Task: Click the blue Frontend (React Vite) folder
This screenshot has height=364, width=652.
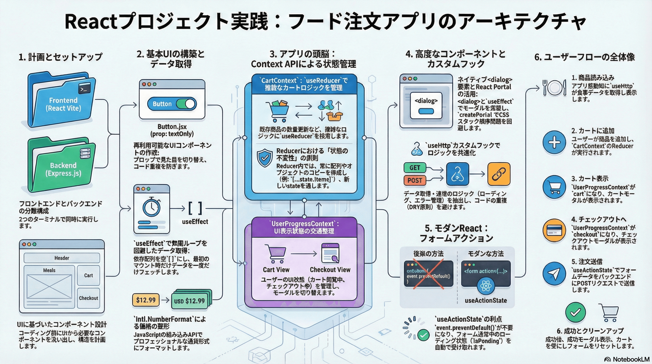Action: click(x=62, y=101)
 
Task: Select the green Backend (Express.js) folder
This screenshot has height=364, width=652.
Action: click(x=62, y=166)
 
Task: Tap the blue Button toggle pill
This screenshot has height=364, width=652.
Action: click(x=172, y=104)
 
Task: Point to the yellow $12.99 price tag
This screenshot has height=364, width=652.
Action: click(x=146, y=300)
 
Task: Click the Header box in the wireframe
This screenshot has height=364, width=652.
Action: click(x=62, y=258)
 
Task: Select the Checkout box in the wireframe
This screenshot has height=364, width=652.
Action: click(x=88, y=298)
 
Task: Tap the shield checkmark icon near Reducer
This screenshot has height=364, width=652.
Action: click(x=265, y=158)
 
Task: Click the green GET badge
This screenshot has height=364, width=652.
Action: click(x=415, y=168)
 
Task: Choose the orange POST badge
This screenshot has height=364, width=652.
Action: click(x=415, y=181)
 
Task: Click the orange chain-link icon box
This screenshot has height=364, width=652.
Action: click(x=499, y=174)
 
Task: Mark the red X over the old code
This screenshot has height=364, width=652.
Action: click(x=428, y=274)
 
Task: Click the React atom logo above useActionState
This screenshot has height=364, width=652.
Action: click(x=486, y=286)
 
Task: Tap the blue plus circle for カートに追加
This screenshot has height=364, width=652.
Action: click(x=554, y=142)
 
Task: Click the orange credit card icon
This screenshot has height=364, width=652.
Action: click(x=554, y=230)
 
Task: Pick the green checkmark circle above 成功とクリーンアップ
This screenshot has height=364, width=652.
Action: click(x=575, y=312)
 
